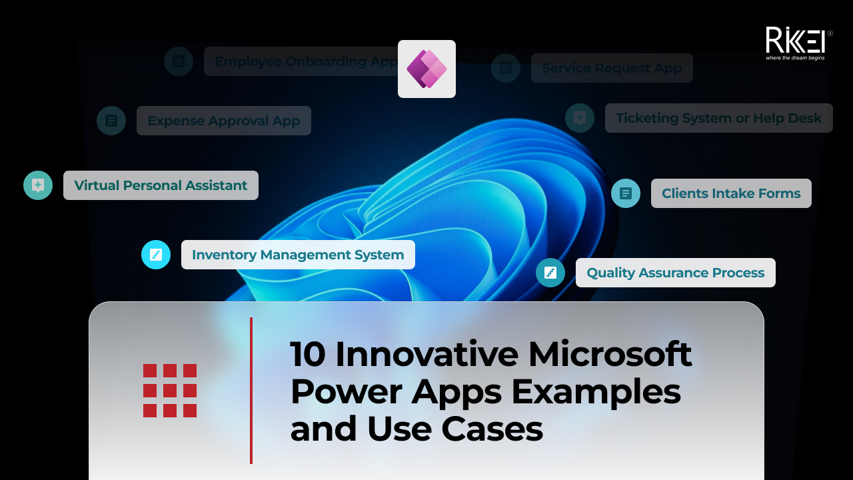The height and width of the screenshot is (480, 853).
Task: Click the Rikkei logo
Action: pyautogui.click(x=798, y=43)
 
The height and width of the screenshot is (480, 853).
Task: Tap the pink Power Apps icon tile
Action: pyautogui.click(x=426, y=69)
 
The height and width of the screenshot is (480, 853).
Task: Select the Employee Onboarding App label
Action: pyautogui.click(x=301, y=61)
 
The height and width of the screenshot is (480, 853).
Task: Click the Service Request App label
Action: pyautogui.click(x=612, y=68)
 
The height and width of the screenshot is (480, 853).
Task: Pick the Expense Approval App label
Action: pyautogui.click(x=224, y=121)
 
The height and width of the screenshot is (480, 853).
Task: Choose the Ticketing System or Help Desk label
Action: pyautogui.click(x=719, y=118)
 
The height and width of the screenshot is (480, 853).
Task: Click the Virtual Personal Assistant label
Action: pyautogui.click(x=161, y=185)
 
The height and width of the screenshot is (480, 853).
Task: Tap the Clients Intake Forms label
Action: pyautogui.click(x=731, y=193)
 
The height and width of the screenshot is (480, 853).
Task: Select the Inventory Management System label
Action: pyautogui.click(x=298, y=255)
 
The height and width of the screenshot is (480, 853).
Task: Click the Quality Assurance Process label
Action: pyautogui.click(x=676, y=273)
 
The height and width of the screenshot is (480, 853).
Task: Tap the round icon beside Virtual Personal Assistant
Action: pyautogui.click(x=38, y=185)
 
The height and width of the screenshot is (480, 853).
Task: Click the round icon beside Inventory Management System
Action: pyautogui.click(x=156, y=255)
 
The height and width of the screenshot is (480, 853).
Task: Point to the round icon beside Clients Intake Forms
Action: pyautogui.click(x=626, y=193)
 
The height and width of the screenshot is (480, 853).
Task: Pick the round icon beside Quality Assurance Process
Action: pyautogui.click(x=550, y=273)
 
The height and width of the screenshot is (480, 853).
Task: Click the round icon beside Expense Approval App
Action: pyautogui.click(x=111, y=121)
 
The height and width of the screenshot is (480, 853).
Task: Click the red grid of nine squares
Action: pyautogui.click(x=170, y=391)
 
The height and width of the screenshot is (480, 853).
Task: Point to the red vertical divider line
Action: pyautogui.click(x=251, y=391)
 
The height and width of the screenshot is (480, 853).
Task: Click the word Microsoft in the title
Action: pyautogui.click(x=610, y=354)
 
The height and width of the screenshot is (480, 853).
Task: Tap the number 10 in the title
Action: pyautogui.click(x=308, y=354)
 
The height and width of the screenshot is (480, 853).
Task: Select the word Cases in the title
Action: pyautogui.click(x=492, y=429)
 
